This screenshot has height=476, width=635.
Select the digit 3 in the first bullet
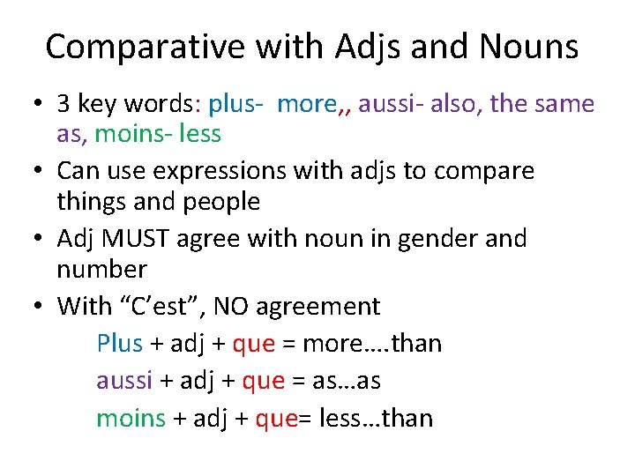tap(63, 104)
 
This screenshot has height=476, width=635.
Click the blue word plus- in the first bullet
tap(236, 104)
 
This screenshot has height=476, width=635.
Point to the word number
tap(101, 268)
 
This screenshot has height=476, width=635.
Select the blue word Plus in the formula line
tap(119, 343)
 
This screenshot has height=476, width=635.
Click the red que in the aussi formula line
tap(264, 381)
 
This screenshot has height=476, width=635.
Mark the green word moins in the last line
tap(131, 417)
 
